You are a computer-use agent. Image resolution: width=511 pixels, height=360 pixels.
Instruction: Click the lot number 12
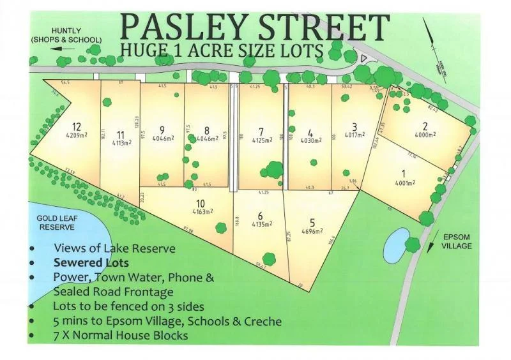click(77, 126)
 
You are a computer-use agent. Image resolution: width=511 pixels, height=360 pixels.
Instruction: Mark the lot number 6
click(260, 215)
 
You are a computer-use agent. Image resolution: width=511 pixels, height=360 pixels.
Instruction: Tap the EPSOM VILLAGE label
click(458, 241)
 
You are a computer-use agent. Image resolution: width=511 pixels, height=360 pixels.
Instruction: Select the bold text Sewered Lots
click(91, 262)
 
